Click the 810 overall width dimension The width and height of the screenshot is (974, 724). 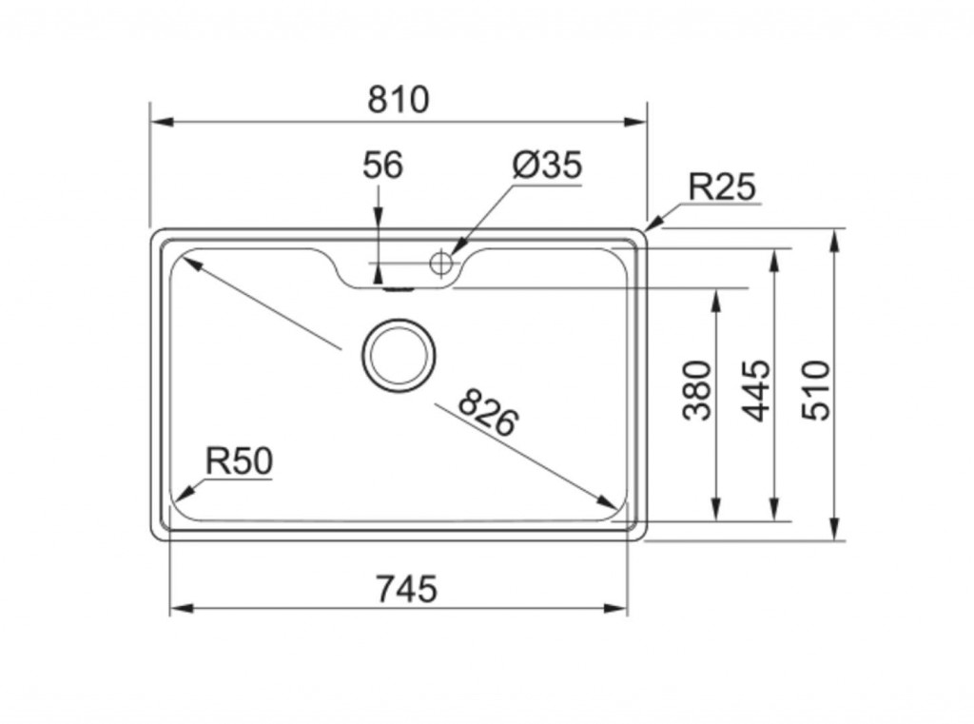399,100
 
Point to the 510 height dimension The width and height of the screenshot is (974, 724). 816,389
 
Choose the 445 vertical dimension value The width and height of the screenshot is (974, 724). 757,389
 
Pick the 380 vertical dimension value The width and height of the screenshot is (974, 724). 698,389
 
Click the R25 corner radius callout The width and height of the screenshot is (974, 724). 722,187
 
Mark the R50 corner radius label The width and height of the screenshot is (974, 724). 239,461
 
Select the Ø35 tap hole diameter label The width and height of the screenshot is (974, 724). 546,166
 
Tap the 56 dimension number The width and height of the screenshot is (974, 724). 382,166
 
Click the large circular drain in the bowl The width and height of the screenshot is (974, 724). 399,354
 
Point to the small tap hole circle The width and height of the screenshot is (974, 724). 441,263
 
